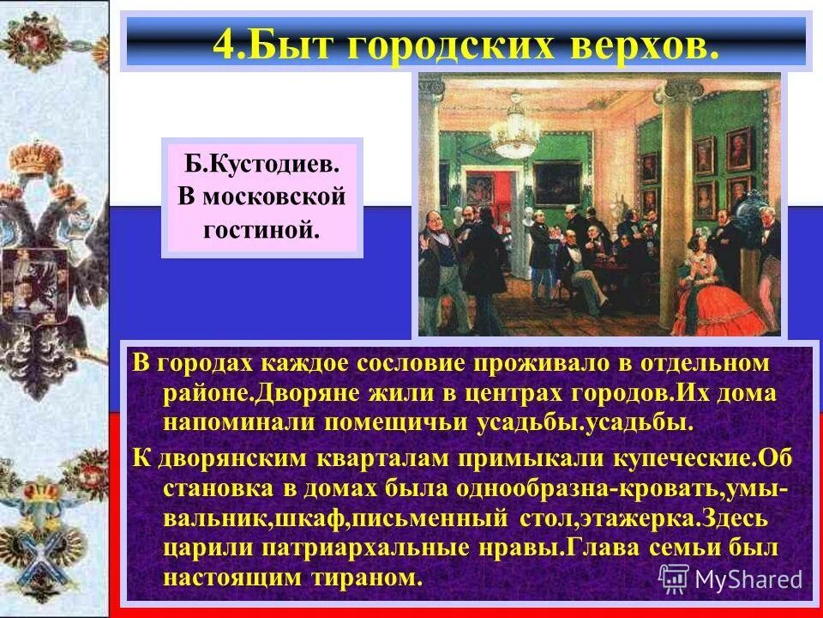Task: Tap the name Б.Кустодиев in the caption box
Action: (x=261, y=163)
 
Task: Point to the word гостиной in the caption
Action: (x=261, y=228)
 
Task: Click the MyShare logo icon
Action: (x=674, y=579)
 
